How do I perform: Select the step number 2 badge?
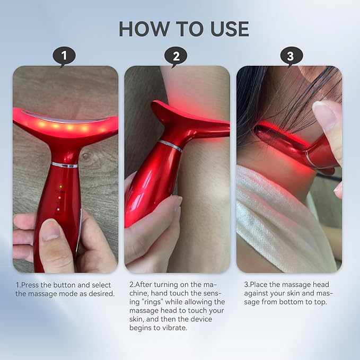point(177,56)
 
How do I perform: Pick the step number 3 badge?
point(290,56)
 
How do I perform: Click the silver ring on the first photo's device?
point(65,165)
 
